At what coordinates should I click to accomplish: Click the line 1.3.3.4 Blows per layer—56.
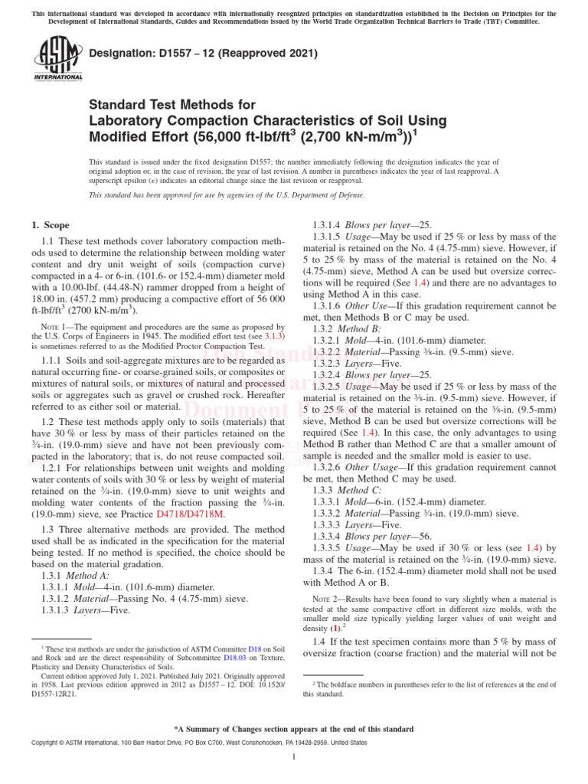373,536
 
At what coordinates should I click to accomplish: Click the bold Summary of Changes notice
294,729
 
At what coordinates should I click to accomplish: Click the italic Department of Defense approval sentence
227,195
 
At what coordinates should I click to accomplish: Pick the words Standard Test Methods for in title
168,104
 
